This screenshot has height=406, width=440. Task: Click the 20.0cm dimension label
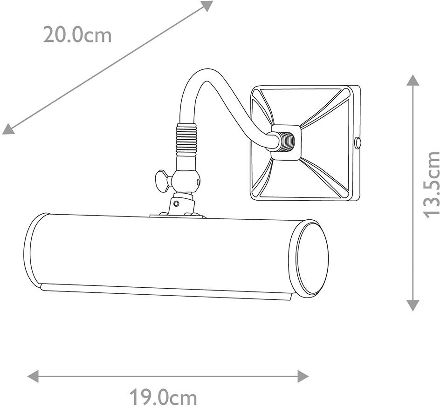tap(77, 35)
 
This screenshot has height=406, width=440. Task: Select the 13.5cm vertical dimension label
tap(431, 184)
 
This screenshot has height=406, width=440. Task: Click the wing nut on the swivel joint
tap(162, 180)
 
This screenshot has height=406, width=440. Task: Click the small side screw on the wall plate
tap(357, 143)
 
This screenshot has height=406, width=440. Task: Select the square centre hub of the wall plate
tap(285, 142)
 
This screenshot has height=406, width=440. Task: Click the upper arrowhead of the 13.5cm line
tap(412, 80)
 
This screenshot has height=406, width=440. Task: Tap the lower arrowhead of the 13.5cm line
tap(412, 305)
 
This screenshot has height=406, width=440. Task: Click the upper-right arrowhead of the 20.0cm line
tap(206, 6)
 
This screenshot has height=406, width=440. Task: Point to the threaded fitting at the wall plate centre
tap(285, 142)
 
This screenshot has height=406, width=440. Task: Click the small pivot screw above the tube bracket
tap(176, 203)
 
